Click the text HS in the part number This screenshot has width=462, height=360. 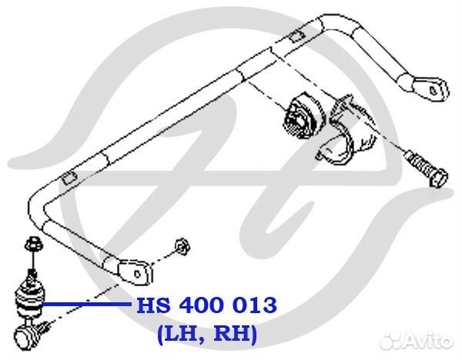153,305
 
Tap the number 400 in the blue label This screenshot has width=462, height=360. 203,305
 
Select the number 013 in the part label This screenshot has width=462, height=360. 255,305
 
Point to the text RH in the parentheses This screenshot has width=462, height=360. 233,334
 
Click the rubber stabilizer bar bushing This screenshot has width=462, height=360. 303,116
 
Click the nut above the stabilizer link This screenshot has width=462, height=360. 33,244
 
